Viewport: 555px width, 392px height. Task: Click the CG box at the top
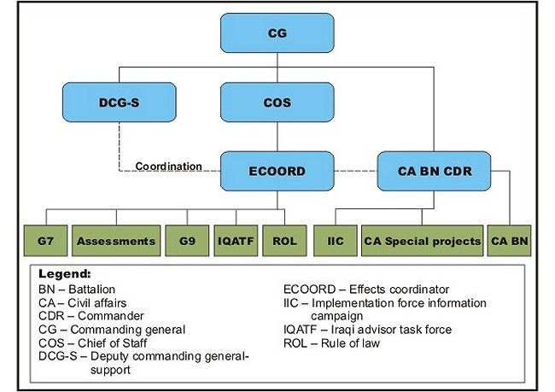(x=277, y=33)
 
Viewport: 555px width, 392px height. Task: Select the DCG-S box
(x=120, y=102)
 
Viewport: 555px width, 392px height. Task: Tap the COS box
(x=277, y=102)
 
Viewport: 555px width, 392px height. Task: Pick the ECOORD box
(x=277, y=171)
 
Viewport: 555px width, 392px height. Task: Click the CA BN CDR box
(x=435, y=171)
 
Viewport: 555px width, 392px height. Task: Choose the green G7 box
(x=45, y=241)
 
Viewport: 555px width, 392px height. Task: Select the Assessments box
(x=116, y=241)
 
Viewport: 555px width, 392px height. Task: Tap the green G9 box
(x=187, y=241)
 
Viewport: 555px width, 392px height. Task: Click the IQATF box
(x=236, y=241)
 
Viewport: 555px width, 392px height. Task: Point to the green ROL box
(x=284, y=241)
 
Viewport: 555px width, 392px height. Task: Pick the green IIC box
(x=336, y=241)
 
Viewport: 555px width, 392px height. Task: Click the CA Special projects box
(x=423, y=241)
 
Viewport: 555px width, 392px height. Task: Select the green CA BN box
(x=510, y=241)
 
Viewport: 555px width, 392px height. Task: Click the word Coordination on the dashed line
(x=168, y=166)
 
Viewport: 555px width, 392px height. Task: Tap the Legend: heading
(x=65, y=274)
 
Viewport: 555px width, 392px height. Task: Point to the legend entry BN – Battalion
(x=77, y=290)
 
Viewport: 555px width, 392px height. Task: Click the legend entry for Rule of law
(x=331, y=343)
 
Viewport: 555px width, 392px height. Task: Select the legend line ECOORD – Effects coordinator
(x=366, y=290)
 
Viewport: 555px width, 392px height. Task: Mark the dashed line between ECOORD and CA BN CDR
(x=356, y=172)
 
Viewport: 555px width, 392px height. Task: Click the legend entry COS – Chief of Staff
(x=93, y=343)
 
